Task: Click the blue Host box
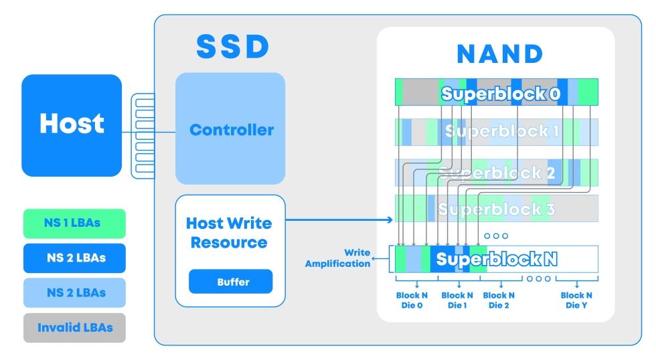click(x=72, y=124)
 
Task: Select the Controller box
click(x=231, y=129)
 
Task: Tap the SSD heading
click(x=232, y=46)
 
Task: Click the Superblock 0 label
click(x=500, y=93)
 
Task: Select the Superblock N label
click(x=499, y=258)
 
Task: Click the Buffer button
click(x=231, y=282)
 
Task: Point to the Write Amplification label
click(x=338, y=258)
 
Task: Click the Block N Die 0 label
click(x=416, y=299)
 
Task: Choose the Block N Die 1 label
click(x=457, y=299)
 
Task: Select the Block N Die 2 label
click(x=499, y=299)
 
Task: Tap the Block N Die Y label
click(x=576, y=299)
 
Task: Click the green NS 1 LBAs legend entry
click(x=74, y=223)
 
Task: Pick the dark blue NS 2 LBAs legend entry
click(x=74, y=258)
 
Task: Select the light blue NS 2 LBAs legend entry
click(x=74, y=292)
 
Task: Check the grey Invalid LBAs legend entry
click(x=74, y=328)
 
